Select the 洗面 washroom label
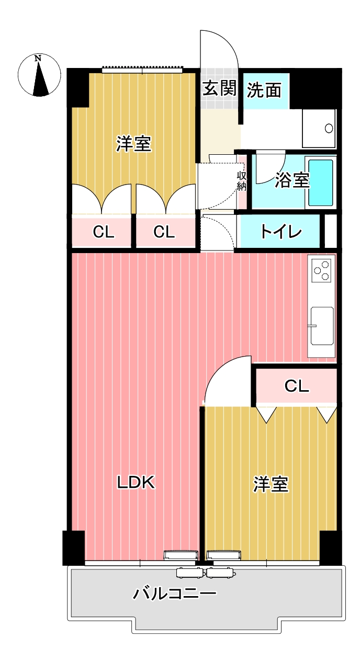click(x=264, y=90)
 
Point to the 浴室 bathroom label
click(x=292, y=180)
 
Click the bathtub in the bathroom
click(x=320, y=182)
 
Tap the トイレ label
click(x=280, y=232)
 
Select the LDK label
click(x=136, y=483)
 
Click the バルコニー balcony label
click(x=175, y=593)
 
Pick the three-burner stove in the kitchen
click(x=321, y=270)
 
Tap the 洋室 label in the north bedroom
click(x=134, y=144)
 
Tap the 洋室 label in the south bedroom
click(x=271, y=484)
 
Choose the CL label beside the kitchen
click(x=297, y=386)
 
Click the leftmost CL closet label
click(x=104, y=232)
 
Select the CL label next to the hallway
click(x=164, y=232)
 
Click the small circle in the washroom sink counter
click(x=329, y=128)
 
